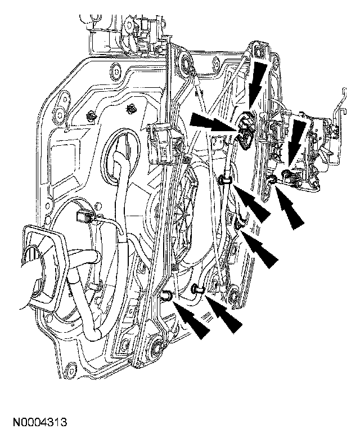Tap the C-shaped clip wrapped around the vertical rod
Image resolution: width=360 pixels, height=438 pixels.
pos(225,180)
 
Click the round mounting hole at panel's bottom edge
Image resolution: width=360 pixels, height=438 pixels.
pos(71,372)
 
